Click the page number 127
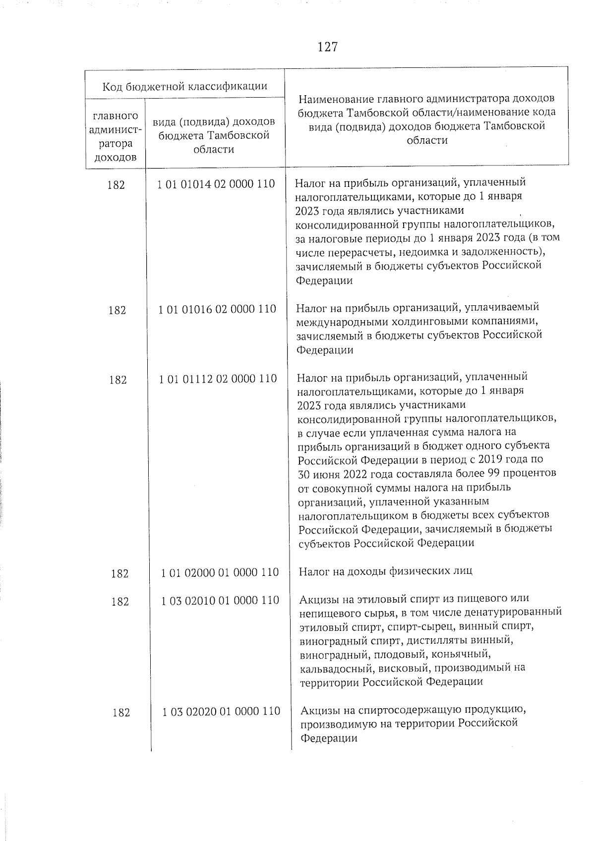(x=327, y=47)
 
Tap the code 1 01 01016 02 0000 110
(x=217, y=309)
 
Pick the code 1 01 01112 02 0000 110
(x=218, y=379)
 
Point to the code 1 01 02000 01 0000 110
(x=220, y=572)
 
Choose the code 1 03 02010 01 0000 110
(x=220, y=601)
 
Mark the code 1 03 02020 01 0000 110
(x=221, y=712)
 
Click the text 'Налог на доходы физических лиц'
(x=385, y=571)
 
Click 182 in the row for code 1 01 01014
(x=116, y=185)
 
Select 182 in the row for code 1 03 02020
(x=121, y=713)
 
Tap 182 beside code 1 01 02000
(x=120, y=573)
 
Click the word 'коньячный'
(x=464, y=654)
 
